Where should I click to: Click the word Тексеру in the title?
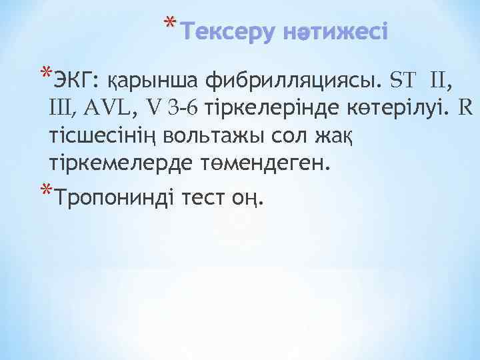click(225, 32)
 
